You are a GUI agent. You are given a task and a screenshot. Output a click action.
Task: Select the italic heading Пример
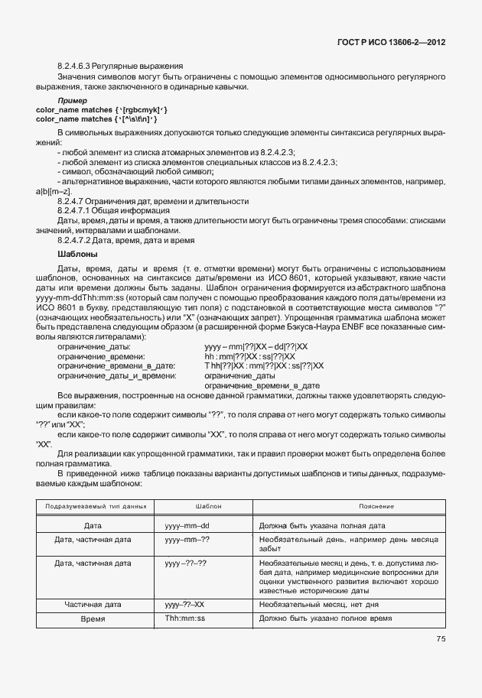click(72, 101)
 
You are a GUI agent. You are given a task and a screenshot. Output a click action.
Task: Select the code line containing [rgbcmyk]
click(96, 110)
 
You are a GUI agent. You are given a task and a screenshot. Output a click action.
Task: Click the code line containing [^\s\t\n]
click(96, 119)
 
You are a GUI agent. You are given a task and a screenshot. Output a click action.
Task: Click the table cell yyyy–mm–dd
click(187, 527)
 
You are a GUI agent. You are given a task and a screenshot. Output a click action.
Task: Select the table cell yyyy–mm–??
click(187, 541)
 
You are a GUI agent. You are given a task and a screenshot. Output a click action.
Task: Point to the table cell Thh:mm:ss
click(185, 618)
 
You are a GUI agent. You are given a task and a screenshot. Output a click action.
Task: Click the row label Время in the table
click(93, 618)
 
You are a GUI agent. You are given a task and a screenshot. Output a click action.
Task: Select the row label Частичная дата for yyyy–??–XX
click(93, 603)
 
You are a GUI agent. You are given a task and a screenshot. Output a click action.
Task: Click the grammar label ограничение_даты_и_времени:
click(116, 375)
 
